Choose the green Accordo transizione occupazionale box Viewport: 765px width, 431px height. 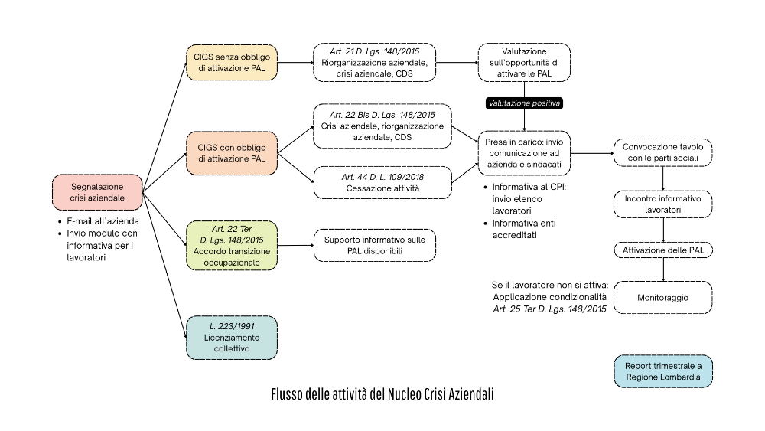[231, 245]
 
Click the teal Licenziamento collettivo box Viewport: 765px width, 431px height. [231, 338]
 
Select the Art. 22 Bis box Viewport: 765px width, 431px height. [382, 126]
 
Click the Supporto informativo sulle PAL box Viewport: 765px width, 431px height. [374, 245]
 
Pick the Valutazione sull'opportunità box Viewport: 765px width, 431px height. [524, 62]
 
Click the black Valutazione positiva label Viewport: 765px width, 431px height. [525, 103]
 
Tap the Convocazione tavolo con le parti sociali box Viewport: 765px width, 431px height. [662, 152]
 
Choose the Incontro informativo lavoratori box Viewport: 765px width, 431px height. [662, 204]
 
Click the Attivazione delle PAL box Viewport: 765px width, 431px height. [662, 250]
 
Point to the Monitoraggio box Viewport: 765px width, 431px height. [662, 297]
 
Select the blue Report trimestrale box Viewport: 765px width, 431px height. [662, 371]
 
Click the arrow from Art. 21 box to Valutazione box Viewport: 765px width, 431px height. [457, 62]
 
